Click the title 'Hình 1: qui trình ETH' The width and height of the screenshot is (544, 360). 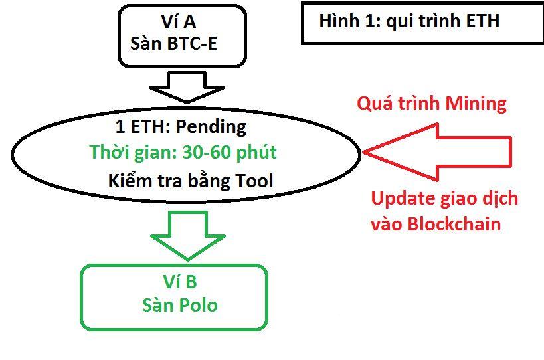tap(408, 22)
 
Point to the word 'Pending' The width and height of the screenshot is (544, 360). tap(211, 126)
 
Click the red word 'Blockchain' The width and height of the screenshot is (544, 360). tap(454, 224)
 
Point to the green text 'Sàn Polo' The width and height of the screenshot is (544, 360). tap(179, 305)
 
